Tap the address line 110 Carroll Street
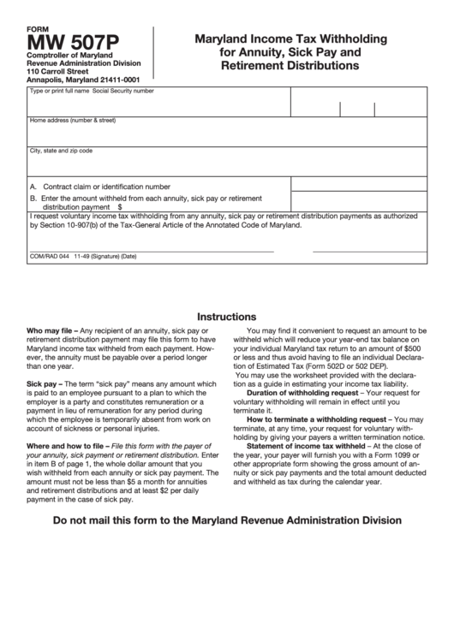(x=57, y=72)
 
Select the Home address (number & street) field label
(x=72, y=121)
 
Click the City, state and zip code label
(x=61, y=151)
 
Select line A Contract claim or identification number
(x=100, y=186)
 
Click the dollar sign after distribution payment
(x=120, y=206)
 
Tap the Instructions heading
(x=226, y=316)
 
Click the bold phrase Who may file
(x=51, y=330)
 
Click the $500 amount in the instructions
(x=411, y=349)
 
